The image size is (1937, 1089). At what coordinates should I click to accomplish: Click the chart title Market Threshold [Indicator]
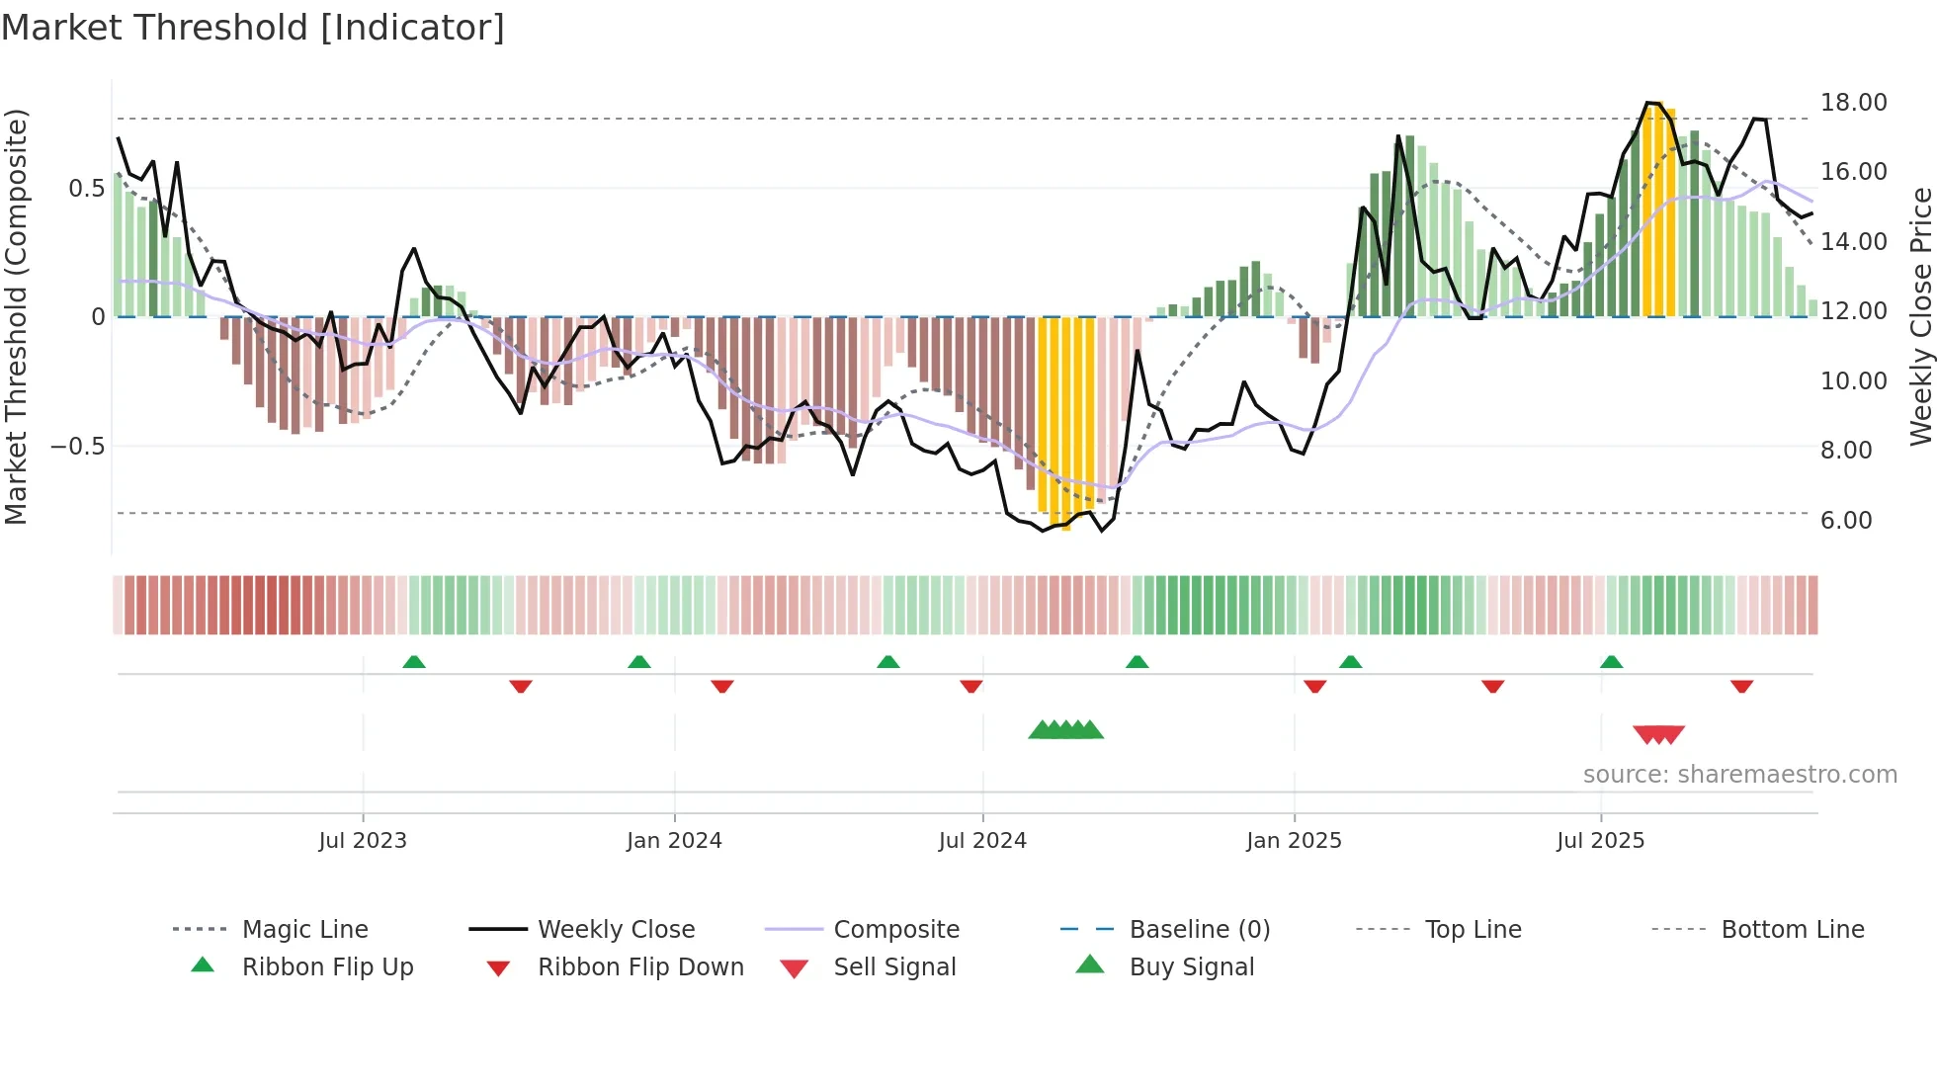click(x=253, y=28)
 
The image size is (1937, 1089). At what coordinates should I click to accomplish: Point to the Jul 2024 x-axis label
click(x=982, y=841)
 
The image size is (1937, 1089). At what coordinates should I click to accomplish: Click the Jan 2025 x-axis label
click(x=1294, y=841)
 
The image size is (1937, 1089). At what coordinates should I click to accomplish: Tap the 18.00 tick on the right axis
click(x=1853, y=103)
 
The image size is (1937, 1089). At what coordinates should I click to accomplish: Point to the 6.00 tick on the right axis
click(x=1846, y=521)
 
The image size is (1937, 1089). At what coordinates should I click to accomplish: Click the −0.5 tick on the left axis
click(x=78, y=447)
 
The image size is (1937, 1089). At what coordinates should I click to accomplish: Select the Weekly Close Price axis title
click(x=1920, y=316)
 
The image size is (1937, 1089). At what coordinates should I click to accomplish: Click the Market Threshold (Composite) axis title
click(x=16, y=316)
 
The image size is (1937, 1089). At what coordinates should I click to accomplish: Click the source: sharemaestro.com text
click(x=1739, y=775)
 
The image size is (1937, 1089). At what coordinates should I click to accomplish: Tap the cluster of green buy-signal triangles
click(x=1065, y=730)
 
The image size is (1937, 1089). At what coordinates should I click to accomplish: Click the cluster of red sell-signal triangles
click(x=1658, y=734)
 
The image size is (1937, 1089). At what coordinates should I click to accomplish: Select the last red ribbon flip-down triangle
click(x=1741, y=686)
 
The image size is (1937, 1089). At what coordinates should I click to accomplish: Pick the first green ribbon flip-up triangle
click(x=414, y=662)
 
